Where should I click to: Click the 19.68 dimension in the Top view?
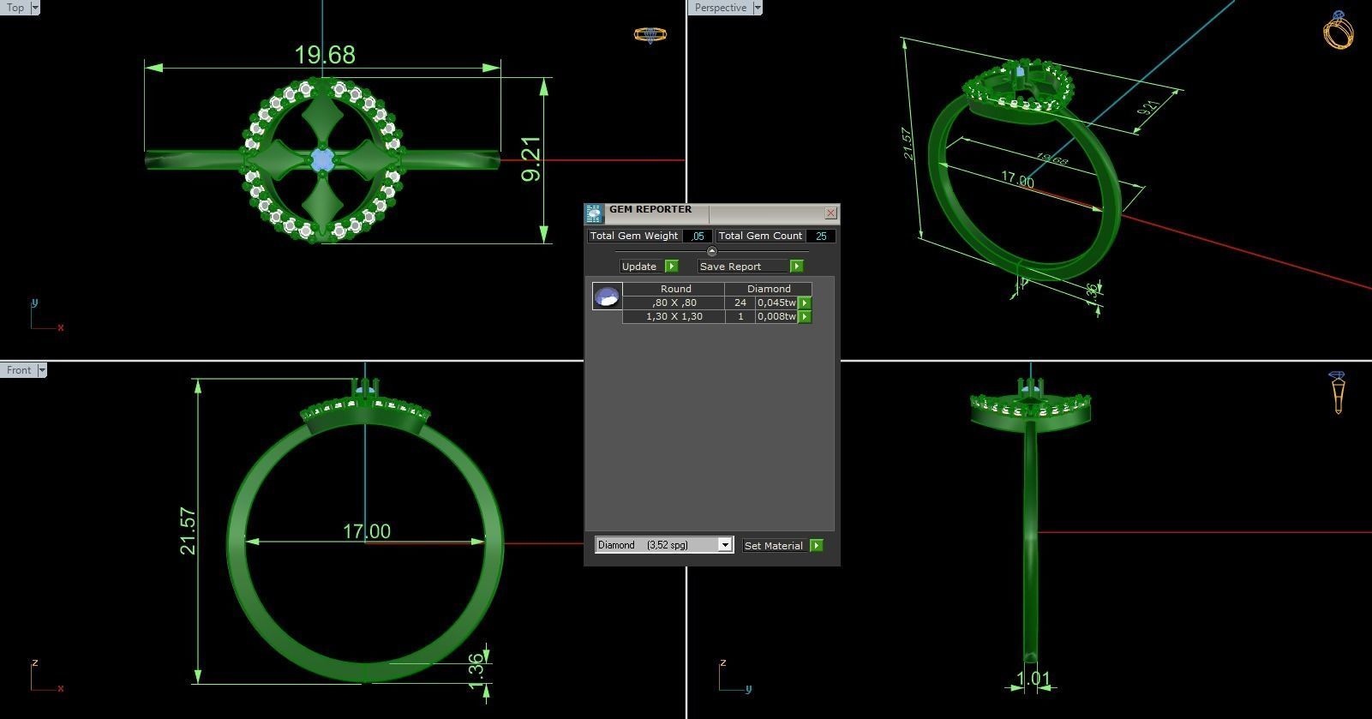point(324,55)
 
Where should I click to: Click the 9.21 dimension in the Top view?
point(531,159)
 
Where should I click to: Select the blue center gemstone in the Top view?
point(322,159)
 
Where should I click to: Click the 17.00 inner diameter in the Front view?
point(367,531)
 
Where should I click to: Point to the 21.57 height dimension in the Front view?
point(189,531)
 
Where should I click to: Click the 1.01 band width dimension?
point(1033,680)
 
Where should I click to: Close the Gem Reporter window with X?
point(830,213)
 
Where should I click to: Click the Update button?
point(639,267)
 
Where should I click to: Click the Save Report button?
point(730,267)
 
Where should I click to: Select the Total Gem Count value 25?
point(820,236)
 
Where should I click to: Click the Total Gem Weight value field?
point(698,236)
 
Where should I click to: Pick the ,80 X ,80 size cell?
point(674,303)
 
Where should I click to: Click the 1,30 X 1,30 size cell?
point(674,316)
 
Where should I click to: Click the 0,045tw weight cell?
point(776,303)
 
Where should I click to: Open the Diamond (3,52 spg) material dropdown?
point(725,545)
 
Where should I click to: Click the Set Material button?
point(774,545)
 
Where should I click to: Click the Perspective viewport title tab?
point(720,8)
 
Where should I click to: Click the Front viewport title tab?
point(18,370)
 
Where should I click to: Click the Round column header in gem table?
point(675,289)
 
